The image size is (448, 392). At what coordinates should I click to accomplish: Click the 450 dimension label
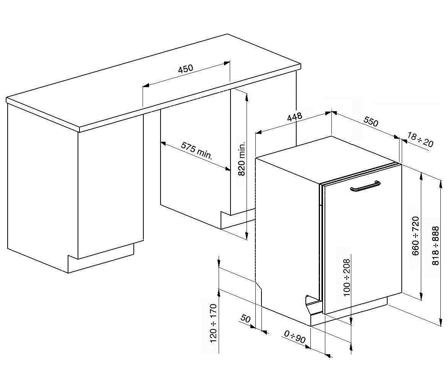(x=186, y=69)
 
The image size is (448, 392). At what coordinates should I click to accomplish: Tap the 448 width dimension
(x=294, y=117)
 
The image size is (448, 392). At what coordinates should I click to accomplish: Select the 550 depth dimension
(x=371, y=121)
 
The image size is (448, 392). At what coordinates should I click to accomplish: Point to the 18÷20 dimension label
(x=420, y=140)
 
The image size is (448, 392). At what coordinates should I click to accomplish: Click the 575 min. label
(x=197, y=151)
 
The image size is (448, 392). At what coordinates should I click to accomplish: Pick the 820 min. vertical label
(x=242, y=159)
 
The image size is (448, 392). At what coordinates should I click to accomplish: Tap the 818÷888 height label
(x=435, y=246)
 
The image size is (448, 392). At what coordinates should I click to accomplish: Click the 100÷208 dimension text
(x=346, y=277)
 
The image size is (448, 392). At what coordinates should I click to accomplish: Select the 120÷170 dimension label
(x=213, y=324)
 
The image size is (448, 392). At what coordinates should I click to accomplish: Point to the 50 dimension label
(x=245, y=319)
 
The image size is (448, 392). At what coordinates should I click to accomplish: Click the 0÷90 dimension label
(x=295, y=337)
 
